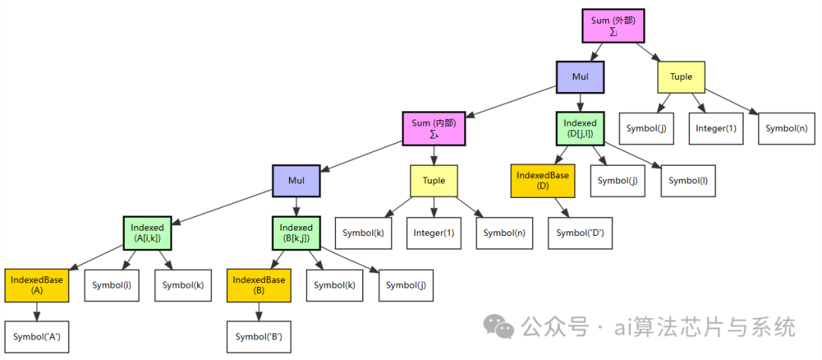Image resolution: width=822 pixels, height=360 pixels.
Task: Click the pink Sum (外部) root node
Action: (613, 25)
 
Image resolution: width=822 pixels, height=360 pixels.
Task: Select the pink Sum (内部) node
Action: (433, 129)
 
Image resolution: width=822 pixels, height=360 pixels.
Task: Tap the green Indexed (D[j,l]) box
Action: (580, 129)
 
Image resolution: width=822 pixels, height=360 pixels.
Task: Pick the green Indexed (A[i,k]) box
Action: (147, 233)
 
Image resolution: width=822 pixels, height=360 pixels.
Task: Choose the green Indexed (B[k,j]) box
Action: (296, 233)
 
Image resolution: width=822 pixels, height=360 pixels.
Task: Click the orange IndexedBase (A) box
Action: (37, 285)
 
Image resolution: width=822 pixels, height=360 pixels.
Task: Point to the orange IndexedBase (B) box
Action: (259, 285)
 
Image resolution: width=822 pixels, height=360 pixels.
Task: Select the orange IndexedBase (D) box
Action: (543, 180)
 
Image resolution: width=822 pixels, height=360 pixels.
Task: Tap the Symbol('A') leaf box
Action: (37, 336)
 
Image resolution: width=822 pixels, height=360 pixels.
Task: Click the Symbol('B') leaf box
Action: (259, 336)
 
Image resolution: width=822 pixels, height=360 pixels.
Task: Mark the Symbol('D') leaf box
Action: (580, 233)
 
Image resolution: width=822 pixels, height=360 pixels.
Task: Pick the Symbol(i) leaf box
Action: (111, 285)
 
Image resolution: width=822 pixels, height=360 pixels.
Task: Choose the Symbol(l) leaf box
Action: (687, 180)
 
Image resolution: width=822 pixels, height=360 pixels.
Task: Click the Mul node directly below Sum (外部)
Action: (580, 77)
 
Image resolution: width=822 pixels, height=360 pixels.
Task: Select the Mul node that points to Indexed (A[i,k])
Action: (296, 180)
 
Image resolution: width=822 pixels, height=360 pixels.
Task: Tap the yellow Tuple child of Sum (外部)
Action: (681, 77)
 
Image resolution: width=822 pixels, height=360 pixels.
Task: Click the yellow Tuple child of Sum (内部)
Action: (434, 180)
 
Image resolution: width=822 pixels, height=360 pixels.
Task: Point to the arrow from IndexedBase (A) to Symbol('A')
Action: (37, 311)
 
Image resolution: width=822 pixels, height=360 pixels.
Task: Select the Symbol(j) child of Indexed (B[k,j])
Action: (407, 285)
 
